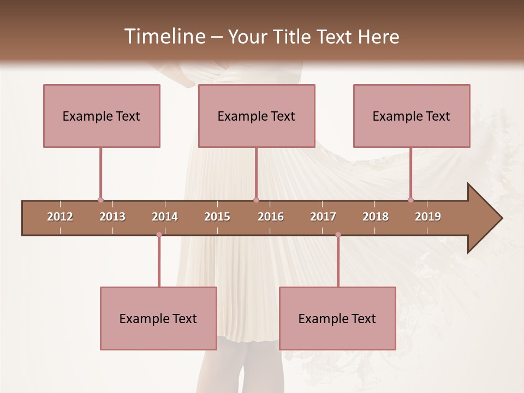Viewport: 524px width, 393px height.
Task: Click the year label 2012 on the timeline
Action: pos(60,217)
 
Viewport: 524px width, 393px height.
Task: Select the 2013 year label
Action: pos(112,217)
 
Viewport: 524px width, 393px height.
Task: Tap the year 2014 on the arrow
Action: pos(165,217)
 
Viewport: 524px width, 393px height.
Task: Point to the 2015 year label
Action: pos(217,217)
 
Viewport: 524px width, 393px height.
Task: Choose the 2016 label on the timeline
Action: pos(271,217)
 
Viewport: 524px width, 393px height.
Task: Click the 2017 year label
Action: pos(323,217)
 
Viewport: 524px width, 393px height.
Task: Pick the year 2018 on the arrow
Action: pos(376,217)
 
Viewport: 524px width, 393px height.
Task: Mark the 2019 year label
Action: pos(428,217)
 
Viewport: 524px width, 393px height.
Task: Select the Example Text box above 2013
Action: pos(102,116)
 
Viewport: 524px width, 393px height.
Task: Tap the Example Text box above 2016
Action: pos(257,116)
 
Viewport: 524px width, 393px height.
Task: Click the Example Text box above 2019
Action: pos(412,116)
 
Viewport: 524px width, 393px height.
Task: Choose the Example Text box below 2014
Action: pos(158,319)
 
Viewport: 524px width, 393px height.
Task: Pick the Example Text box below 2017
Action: pos(337,319)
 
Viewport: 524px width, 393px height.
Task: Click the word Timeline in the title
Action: pos(164,37)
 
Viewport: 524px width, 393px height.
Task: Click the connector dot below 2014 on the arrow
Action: pos(159,235)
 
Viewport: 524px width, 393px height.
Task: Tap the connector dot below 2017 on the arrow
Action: pos(338,235)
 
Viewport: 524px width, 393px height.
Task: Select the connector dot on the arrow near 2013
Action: pos(100,200)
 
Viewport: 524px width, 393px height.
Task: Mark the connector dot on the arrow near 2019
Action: pos(410,200)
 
